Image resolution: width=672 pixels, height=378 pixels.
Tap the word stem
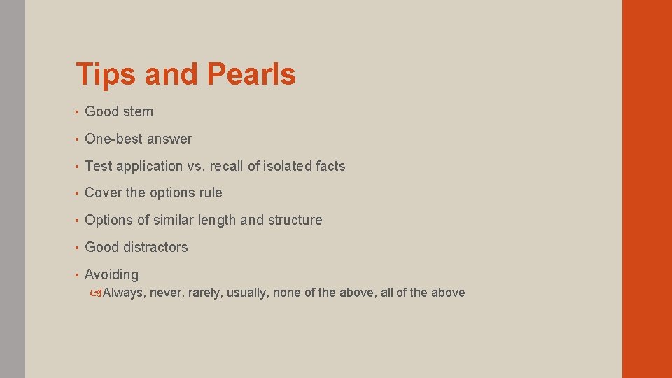138,111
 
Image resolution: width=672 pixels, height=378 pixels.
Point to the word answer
170,139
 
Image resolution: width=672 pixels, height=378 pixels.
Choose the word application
149,166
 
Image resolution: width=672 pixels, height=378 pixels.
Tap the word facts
330,166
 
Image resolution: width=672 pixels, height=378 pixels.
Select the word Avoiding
111,274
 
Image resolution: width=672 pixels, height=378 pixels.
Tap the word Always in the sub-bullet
122,293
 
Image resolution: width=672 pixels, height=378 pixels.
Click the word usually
246,293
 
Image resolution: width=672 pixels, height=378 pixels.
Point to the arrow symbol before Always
97,293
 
